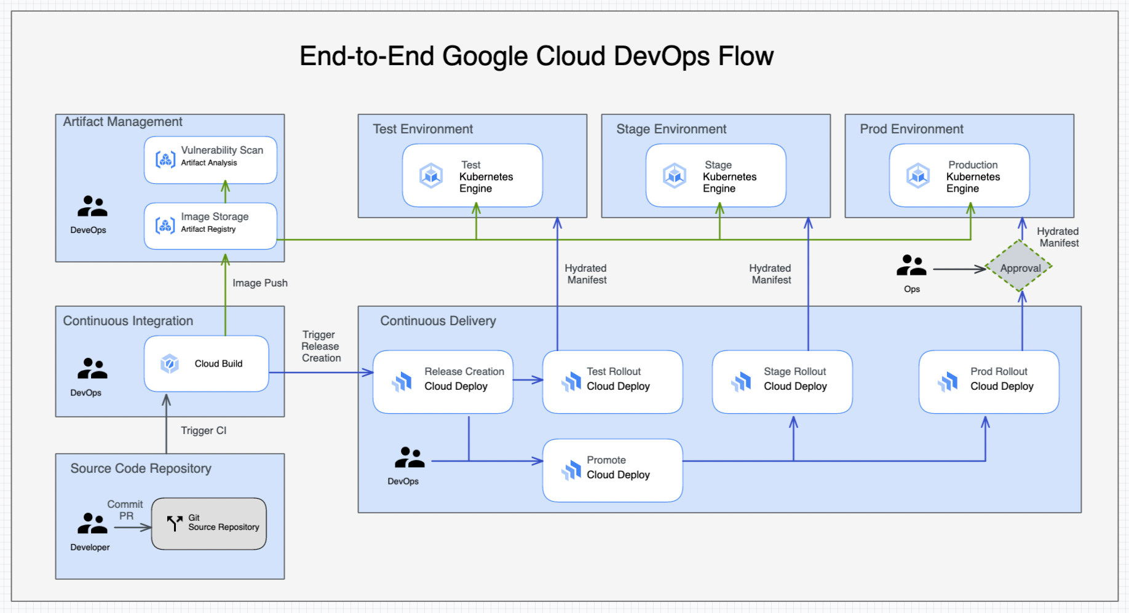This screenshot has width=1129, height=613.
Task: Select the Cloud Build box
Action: (x=207, y=363)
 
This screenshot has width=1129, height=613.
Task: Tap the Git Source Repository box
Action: (x=209, y=523)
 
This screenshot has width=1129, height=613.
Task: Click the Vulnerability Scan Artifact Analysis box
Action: (x=210, y=160)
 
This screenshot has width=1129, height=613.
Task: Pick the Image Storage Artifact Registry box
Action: (x=210, y=226)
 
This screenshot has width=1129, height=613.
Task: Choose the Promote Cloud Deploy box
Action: (x=612, y=470)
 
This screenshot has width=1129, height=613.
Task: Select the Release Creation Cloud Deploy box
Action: (x=443, y=381)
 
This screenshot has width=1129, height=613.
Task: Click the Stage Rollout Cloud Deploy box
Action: (x=782, y=381)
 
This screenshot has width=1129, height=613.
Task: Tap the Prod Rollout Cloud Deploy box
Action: (x=989, y=381)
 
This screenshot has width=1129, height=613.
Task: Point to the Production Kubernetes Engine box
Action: (x=959, y=175)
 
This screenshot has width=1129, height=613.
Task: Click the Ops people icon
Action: (x=911, y=266)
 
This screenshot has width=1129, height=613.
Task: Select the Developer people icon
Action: (x=92, y=523)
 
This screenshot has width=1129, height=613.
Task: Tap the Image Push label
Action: (x=259, y=283)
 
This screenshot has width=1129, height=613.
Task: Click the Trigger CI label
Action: (x=204, y=430)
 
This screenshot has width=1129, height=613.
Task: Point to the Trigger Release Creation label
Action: (x=320, y=346)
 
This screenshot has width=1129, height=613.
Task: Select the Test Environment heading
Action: (x=422, y=129)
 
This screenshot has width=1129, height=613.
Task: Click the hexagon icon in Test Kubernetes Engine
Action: (x=431, y=176)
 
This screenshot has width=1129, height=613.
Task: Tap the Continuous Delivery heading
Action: (x=438, y=321)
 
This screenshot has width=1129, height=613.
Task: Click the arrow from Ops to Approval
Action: (x=959, y=269)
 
